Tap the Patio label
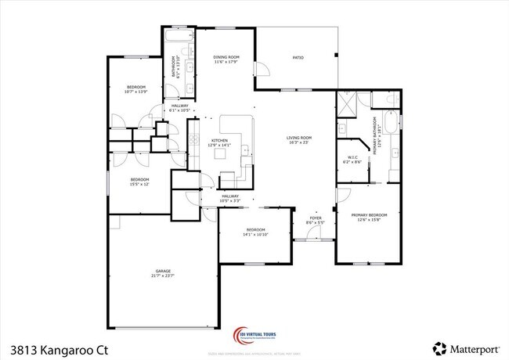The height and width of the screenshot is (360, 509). tap(298, 58)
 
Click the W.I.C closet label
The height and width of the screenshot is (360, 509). tap(352, 159)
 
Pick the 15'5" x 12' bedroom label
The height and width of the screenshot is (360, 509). tap(139, 182)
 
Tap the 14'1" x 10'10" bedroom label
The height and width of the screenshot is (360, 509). tap(255, 232)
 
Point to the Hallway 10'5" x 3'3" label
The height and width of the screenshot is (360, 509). tap(229, 199)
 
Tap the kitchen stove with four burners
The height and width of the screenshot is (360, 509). tap(193, 142)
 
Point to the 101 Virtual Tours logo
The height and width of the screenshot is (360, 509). tap(255, 335)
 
